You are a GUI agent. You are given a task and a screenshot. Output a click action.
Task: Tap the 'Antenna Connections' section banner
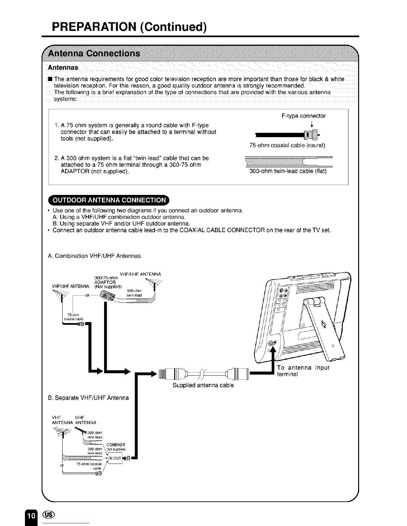tap(94, 53)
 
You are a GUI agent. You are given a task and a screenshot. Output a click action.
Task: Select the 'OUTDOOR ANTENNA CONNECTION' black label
tap(109, 200)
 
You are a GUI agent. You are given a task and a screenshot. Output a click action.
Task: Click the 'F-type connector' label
tap(303, 116)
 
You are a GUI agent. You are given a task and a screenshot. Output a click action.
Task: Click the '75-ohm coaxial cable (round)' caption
tap(287, 145)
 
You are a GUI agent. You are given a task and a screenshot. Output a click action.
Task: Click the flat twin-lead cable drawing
tap(286, 161)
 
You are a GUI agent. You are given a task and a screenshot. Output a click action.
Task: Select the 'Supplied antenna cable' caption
tap(203, 385)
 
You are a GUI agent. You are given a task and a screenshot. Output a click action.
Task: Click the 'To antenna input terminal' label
tap(303, 371)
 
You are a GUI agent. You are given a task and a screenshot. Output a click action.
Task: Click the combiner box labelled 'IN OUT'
tap(115, 458)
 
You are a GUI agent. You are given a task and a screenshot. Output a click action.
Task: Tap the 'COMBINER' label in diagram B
tap(116, 445)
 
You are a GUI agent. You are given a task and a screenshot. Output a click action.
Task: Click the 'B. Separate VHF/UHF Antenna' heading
tap(88, 397)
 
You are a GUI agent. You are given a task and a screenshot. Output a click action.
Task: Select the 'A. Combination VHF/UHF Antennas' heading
tap(94, 256)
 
